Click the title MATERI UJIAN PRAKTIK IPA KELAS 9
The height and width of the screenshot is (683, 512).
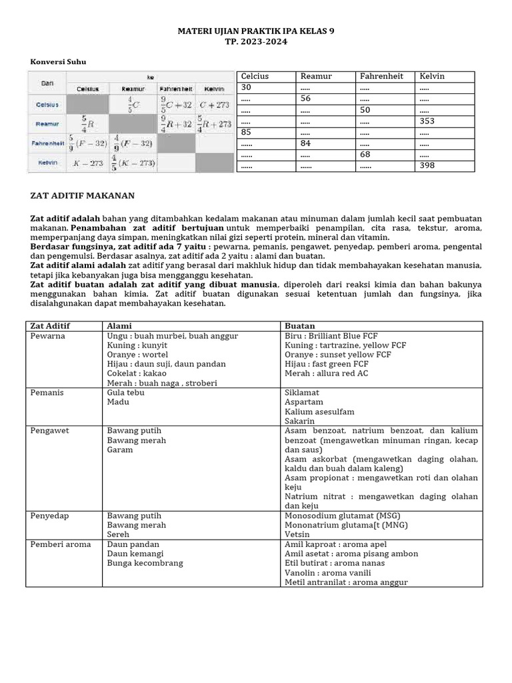click(x=255, y=31)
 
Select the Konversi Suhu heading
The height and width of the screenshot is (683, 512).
click(x=58, y=62)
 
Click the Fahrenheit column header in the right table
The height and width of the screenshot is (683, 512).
click(x=381, y=76)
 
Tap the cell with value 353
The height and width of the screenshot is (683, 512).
click(x=427, y=121)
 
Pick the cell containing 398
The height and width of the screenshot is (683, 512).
click(x=427, y=165)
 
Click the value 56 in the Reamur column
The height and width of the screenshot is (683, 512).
click(x=307, y=99)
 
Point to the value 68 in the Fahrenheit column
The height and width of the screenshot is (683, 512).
click(x=365, y=154)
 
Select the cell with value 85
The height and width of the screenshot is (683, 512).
click(x=247, y=132)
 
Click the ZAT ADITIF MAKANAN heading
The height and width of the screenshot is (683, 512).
click(x=83, y=195)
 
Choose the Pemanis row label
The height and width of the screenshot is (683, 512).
click(x=47, y=393)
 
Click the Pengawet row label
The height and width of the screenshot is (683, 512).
click(x=49, y=431)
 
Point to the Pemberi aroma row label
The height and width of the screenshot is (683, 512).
click(x=61, y=544)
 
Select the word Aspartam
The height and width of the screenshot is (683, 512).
click(x=303, y=402)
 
